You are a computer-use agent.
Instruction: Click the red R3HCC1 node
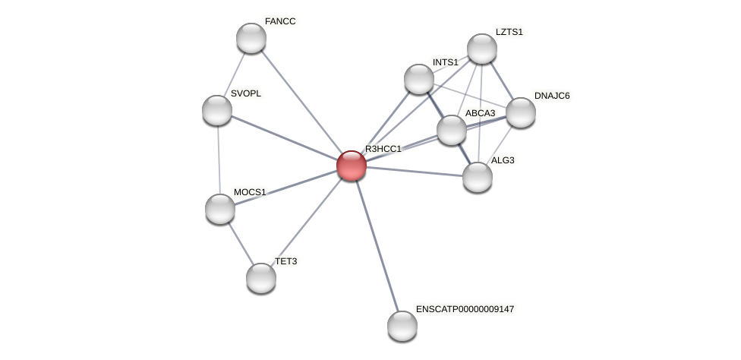coord(352,166)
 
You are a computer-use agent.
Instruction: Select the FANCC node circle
coord(251,38)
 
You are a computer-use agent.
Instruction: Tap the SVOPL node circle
coord(217,110)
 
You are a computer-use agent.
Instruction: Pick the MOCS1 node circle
coord(220,209)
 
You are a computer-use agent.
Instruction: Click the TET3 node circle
coord(261,278)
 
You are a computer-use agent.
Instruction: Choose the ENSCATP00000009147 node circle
coord(402,326)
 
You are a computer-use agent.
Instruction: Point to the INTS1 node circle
coord(419,79)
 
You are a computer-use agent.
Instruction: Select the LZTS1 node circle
coord(482,49)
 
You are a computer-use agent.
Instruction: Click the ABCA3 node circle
coord(452,130)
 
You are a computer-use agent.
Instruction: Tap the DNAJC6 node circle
coord(521,112)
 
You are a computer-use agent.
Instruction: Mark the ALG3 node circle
coord(478,177)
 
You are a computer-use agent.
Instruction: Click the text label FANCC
coord(280,21)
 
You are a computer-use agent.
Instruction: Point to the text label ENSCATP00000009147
coord(465,309)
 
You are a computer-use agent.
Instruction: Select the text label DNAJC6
coord(552,96)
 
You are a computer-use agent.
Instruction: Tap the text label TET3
coord(286,261)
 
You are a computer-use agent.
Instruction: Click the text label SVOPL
coord(246,93)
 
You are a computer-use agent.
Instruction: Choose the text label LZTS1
coord(509,32)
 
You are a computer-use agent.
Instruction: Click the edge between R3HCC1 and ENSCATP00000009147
coord(377,246)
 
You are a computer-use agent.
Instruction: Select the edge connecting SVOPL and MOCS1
coord(219,159)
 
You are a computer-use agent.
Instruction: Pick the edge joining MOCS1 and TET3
coord(241,243)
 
